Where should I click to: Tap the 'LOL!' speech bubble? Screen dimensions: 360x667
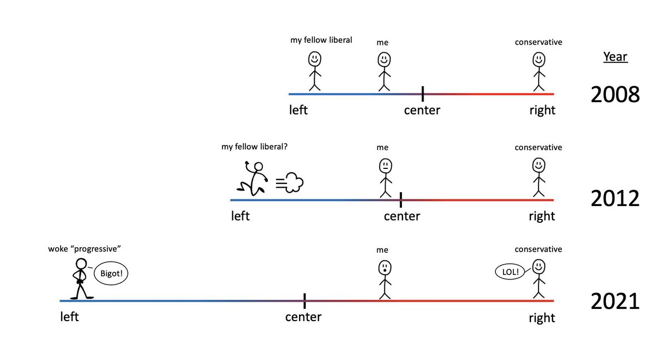click(510, 272)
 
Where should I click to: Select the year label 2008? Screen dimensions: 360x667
click(615, 95)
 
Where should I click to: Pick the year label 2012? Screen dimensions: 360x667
click(615, 198)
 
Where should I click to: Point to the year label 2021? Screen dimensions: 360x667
click(615, 302)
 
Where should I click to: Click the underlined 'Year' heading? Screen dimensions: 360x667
click(615, 57)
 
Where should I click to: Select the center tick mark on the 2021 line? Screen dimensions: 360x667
click(305, 301)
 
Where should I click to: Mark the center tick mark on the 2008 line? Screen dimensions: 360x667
click(423, 93)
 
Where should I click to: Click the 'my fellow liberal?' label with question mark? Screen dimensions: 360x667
click(255, 147)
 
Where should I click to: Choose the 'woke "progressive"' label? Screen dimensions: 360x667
click(84, 249)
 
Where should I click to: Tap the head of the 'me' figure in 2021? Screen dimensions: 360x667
click(385, 268)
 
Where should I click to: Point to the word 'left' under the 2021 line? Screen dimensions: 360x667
click(69, 317)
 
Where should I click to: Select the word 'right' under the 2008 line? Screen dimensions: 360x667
click(542, 110)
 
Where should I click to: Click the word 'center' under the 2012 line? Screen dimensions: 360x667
click(402, 216)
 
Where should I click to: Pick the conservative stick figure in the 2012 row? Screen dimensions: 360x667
click(538, 178)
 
